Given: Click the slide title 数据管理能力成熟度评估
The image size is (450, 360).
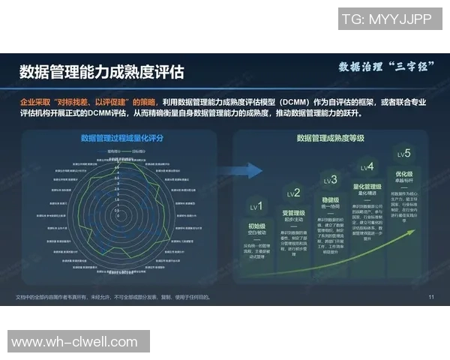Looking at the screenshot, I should (x=101, y=72).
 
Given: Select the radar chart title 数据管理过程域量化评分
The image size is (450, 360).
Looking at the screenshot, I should (x=120, y=138).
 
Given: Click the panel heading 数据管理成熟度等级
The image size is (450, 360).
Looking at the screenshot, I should (x=330, y=138).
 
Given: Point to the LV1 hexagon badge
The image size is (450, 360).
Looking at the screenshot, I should (x=256, y=206).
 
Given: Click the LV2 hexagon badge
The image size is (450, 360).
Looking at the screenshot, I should (x=293, y=193).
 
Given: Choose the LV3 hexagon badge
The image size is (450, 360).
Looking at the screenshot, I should (x=331, y=180).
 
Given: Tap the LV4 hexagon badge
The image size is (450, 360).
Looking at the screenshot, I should (x=367, y=166).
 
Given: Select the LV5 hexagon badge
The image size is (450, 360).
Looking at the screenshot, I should (x=404, y=154).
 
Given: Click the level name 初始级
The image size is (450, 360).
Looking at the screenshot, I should (x=256, y=226).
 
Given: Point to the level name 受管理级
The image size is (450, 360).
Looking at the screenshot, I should (x=293, y=213).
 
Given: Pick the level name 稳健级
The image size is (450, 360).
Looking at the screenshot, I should (x=331, y=200).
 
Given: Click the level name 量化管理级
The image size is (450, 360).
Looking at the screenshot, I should (x=367, y=187).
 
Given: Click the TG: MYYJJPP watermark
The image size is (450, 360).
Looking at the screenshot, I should (x=386, y=18).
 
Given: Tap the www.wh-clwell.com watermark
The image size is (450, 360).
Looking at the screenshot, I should (x=75, y=342).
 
